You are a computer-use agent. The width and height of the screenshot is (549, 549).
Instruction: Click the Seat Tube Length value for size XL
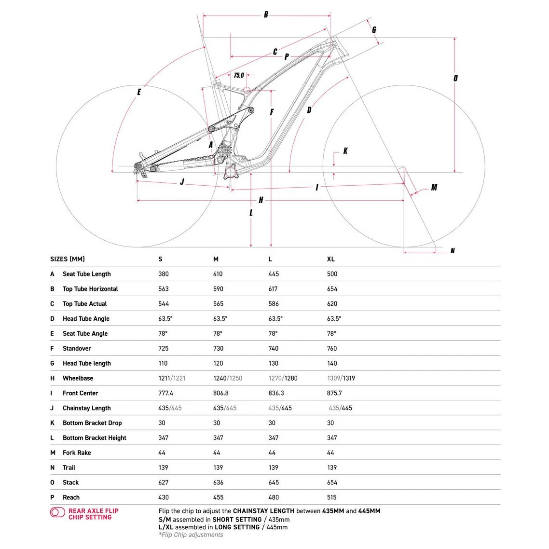point(332,274)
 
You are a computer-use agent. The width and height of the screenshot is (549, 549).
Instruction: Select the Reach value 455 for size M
point(219,497)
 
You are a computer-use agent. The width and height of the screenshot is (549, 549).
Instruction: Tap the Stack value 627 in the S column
point(164,482)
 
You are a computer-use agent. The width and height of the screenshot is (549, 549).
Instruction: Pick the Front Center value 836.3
point(276,393)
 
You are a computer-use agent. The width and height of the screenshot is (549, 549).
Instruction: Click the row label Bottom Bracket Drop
point(92,423)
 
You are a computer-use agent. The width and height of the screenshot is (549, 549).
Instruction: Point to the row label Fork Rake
point(76,453)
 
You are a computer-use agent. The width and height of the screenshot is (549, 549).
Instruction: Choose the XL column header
point(330,259)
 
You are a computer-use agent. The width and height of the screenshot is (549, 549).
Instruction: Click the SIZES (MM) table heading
point(67,259)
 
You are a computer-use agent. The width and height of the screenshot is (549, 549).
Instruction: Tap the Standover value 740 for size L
point(274,348)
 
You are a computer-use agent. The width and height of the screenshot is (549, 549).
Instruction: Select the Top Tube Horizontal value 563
point(164,289)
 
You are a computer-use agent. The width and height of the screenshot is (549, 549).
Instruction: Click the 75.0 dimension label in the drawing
point(239,75)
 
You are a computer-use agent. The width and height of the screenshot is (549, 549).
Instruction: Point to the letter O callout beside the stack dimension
point(455,78)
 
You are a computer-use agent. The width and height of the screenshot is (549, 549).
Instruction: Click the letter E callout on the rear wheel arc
point(139,92)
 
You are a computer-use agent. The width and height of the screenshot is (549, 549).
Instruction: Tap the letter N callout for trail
point(452,251)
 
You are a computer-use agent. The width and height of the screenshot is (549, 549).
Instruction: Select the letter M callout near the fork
point(434,187)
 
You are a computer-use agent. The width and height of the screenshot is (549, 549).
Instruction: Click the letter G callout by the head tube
point(374,29)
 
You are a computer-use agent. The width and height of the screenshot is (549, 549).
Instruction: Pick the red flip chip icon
point(57,512)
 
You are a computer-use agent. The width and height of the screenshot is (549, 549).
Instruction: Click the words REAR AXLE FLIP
point(93,511)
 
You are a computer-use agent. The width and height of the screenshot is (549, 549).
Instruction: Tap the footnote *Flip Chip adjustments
point(191,535)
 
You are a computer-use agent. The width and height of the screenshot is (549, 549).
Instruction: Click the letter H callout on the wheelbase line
point(261,200)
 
